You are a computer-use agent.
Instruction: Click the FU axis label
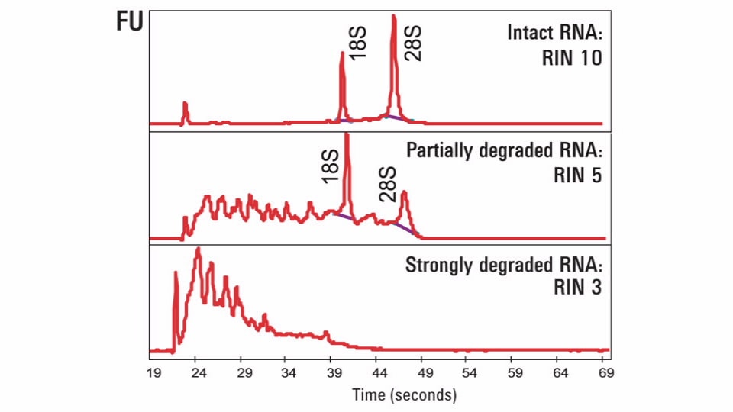click(x=130, y=22)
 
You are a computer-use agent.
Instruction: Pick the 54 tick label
click(x=469, y=374)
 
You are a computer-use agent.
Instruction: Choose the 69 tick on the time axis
click(x=605, y=374)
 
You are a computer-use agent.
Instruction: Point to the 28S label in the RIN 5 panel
click(x=388, y=185)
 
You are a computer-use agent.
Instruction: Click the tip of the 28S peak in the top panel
click(x=393, y=17)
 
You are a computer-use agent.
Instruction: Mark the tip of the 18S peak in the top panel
click(x=341, y=53)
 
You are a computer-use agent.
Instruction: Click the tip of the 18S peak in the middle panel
click(x=347, y=136)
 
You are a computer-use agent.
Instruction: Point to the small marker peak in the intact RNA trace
click(x=185, y=104)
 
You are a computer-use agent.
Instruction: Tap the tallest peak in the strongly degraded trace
click(x=198, y=249)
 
